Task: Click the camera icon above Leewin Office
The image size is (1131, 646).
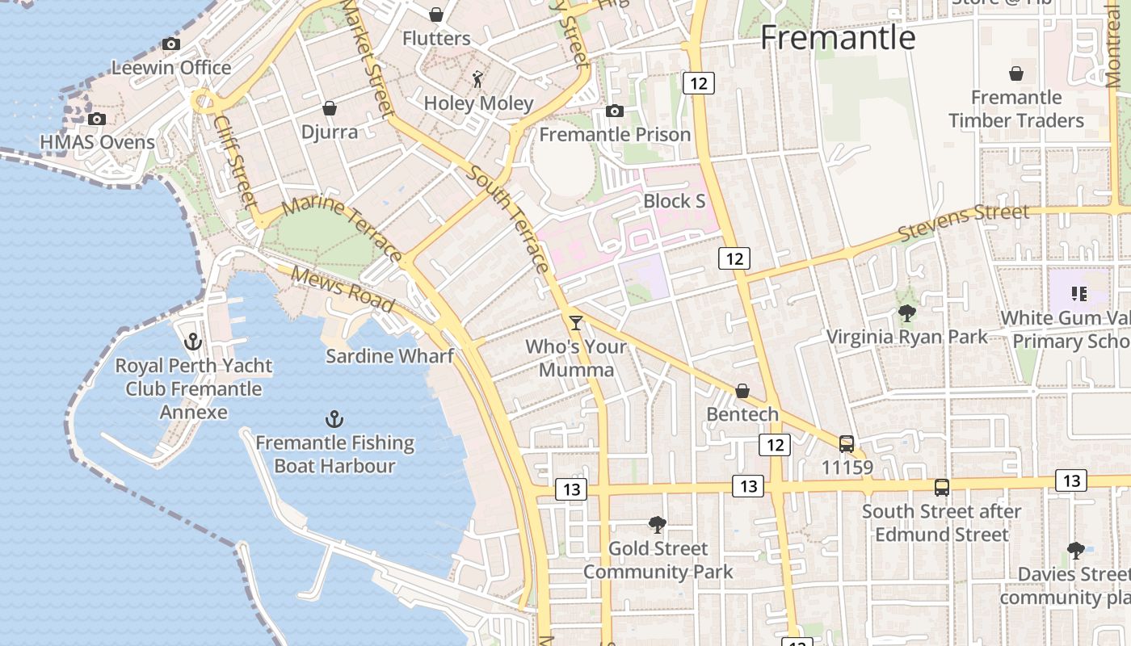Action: coord(171,44)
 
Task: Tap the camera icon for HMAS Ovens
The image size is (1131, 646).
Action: coord(97,120)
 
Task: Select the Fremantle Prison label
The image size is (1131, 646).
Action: coord(615,134)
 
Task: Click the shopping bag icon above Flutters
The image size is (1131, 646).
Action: coord(436,15)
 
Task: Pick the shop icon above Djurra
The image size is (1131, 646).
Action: coord(330,108)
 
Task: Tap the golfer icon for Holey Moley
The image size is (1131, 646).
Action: coord(478,79)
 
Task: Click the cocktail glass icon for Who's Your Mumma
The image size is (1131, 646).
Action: coord(576,323)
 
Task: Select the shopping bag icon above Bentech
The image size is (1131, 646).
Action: coord(742,392)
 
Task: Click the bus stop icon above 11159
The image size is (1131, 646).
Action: coord(847,444)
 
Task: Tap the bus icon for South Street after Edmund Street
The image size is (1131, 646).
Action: coord(942,488)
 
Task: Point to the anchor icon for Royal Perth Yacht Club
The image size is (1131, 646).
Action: coord(192,342)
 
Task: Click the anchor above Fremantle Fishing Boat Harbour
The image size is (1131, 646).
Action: coord(334,419)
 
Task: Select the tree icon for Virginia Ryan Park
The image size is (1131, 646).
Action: coord(907,313)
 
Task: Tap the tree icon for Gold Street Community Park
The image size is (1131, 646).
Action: coord(658,525)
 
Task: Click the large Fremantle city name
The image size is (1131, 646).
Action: coord(838,37)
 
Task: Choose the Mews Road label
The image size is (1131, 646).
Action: coord(343,289)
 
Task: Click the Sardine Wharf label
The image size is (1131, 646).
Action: coord(389,355)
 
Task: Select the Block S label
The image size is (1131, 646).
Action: coord(675,201)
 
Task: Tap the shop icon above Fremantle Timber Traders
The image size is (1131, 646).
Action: coord(1016,74)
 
